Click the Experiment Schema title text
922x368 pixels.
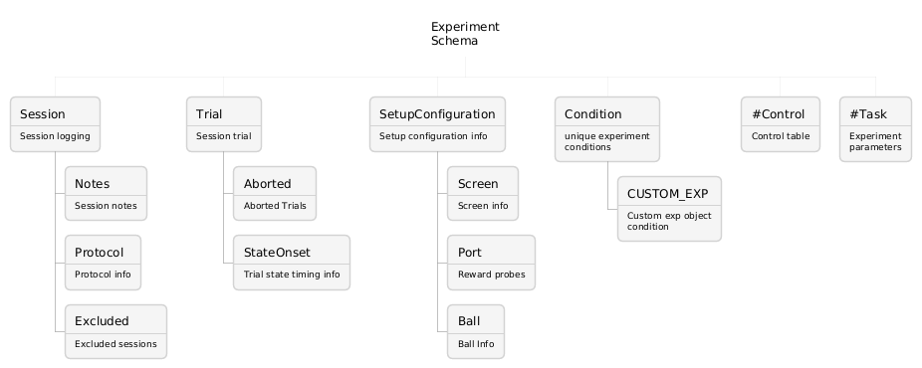[465, 34]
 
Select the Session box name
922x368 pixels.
[43, 113]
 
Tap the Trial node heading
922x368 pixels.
[209, 113]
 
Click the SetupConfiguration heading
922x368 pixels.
[437, 114]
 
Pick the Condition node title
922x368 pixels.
[592, 113]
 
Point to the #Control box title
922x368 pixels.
[778, 113]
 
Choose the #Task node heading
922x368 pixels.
[868, 113]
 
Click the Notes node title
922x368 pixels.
[92, 184]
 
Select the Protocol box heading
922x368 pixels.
[99, 253]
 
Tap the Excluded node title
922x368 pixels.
[102, 321]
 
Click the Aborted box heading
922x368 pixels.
[267, 184]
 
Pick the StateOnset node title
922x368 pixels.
[277, 253]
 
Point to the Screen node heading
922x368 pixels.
[478, 184]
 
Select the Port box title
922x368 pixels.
[469, 253]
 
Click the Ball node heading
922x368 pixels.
[469, 321]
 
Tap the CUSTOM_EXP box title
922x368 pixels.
[667, 194]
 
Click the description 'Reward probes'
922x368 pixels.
[492, 275]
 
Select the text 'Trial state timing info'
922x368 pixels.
[292, 275]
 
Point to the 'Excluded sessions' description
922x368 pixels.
[115, 344]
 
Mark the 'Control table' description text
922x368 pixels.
[781, 136]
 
